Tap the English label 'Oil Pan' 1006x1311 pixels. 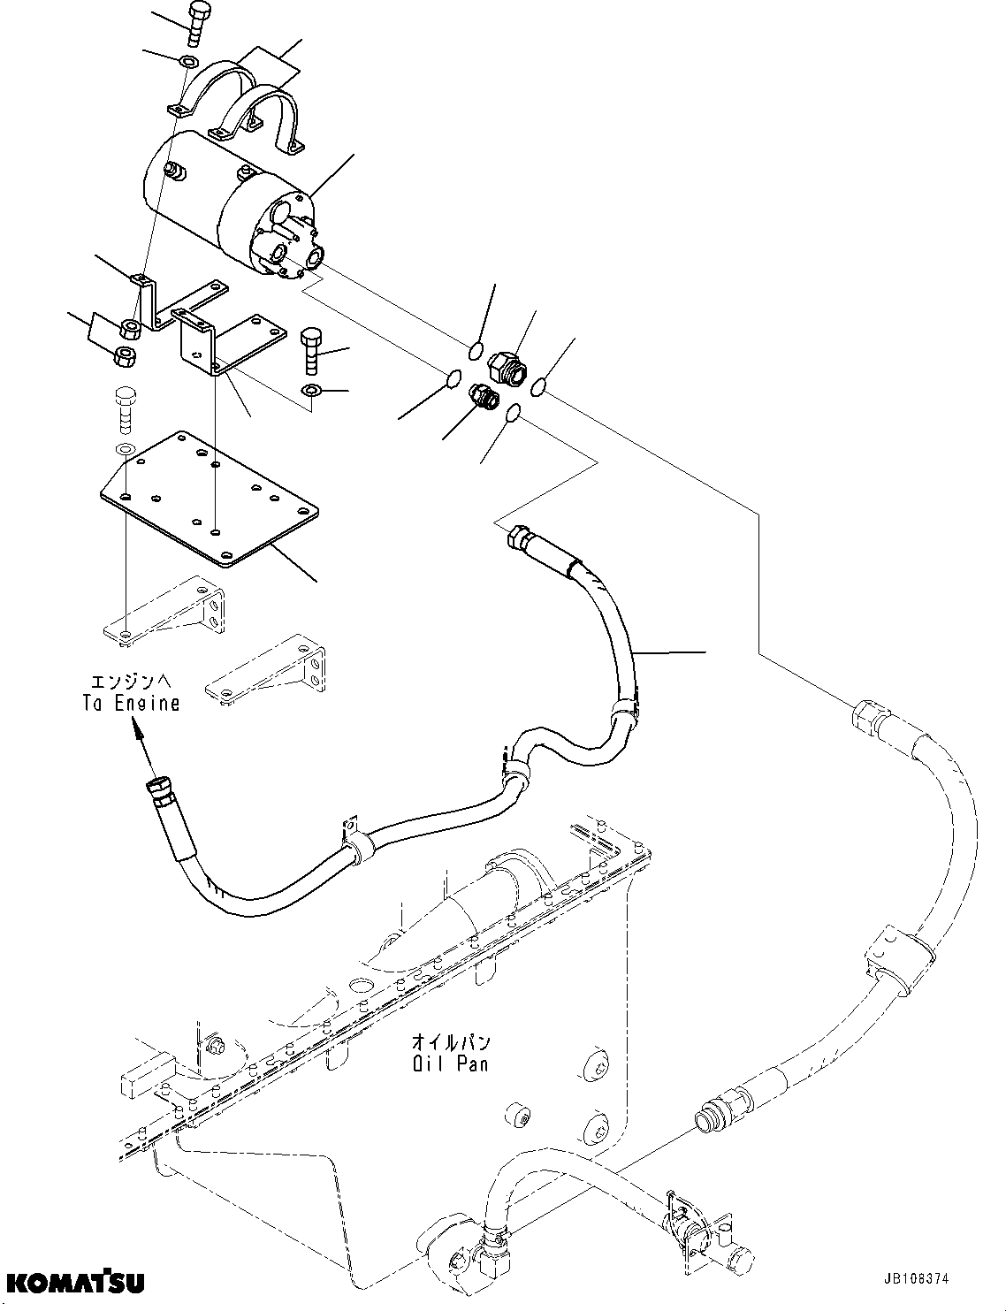coord(449,1063)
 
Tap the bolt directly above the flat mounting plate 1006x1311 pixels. coord(125,408)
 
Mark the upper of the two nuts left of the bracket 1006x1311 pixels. coord(130,331)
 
